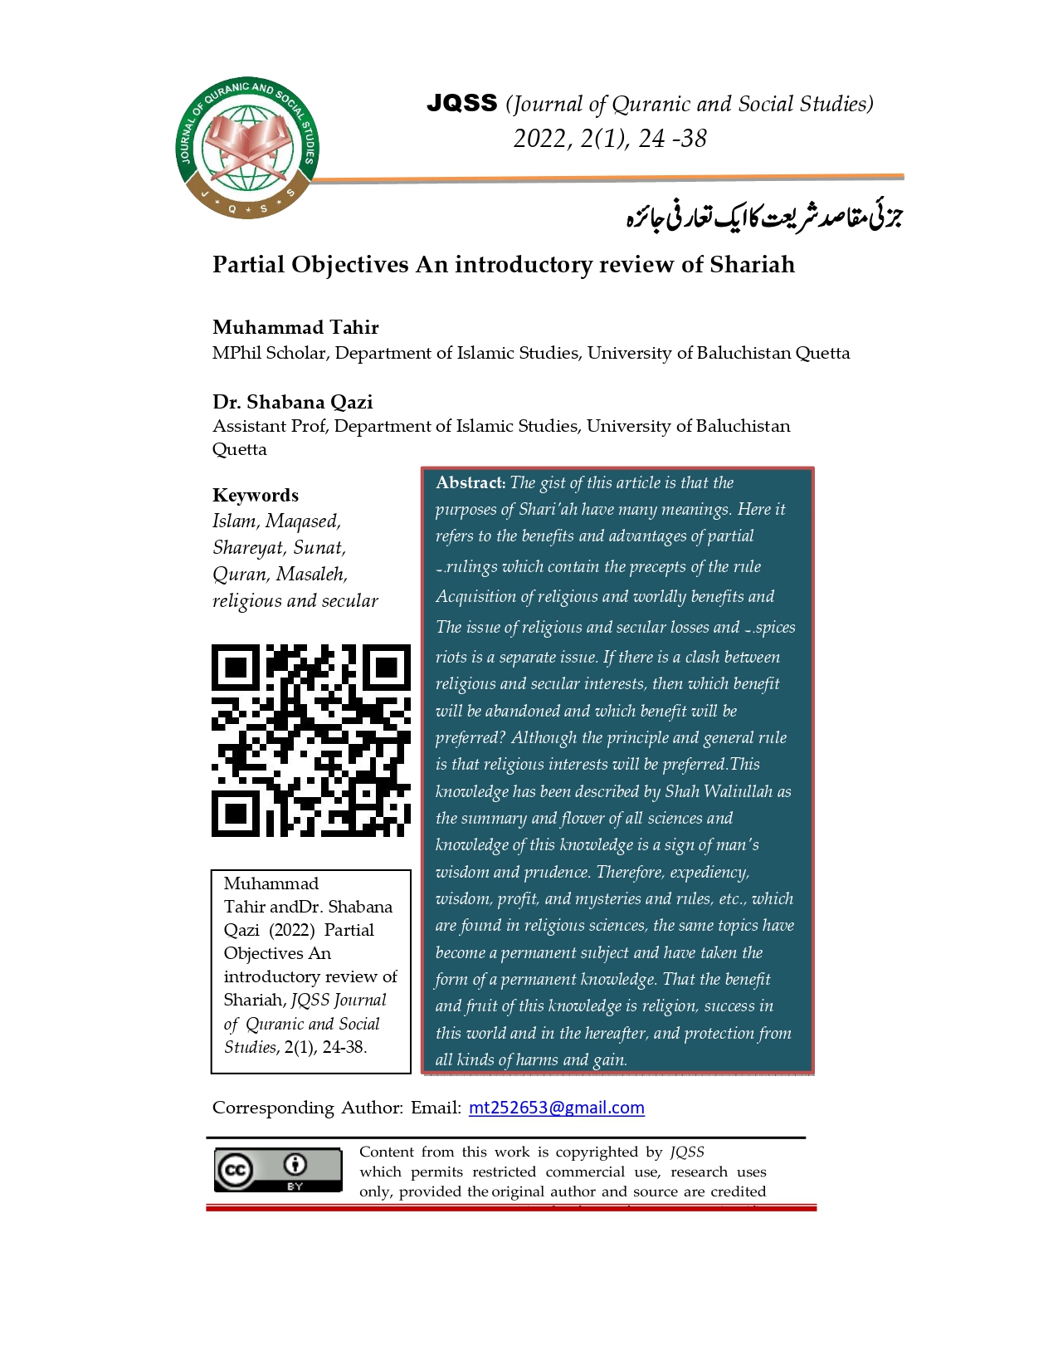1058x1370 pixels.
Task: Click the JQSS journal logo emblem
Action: (247, 148)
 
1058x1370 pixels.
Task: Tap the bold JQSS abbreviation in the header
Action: (461, 103)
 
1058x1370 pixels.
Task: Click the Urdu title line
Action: (763, 216)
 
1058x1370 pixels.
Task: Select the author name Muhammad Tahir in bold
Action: (295, 327)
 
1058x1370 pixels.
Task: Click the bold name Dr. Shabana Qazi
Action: (292, 402)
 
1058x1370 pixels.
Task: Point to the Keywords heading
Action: (255, 495)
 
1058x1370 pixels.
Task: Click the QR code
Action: (311, 740)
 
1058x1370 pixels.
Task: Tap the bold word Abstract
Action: (470, 482)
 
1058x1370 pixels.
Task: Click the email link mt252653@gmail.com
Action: (556, 1108)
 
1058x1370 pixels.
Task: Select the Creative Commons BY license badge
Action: (278, 1170)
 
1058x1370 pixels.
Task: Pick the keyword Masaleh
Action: (311, 575)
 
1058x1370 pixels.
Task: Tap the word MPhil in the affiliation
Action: (236, 353)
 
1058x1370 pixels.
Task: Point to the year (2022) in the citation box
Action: (291, 930)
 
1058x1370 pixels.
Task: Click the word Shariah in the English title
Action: (753, 264)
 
